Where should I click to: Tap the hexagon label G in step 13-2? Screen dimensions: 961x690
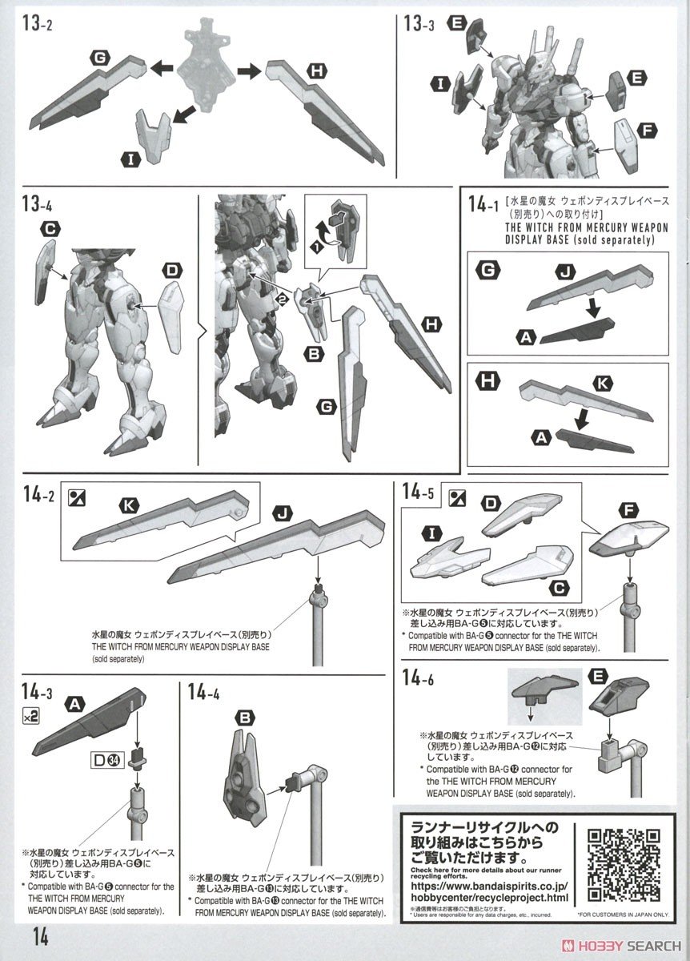pyautogui.click(x=99, y=58)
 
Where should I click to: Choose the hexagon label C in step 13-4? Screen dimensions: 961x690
pyautogui.click(x=50, y=229)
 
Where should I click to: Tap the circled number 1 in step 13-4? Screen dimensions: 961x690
pyautogui.click(x=319, y=247)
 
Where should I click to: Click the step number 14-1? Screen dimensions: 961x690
pyautogui.click(x=485, y=205)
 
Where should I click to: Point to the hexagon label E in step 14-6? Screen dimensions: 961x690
pyautogui.click(x=596, y=677)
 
